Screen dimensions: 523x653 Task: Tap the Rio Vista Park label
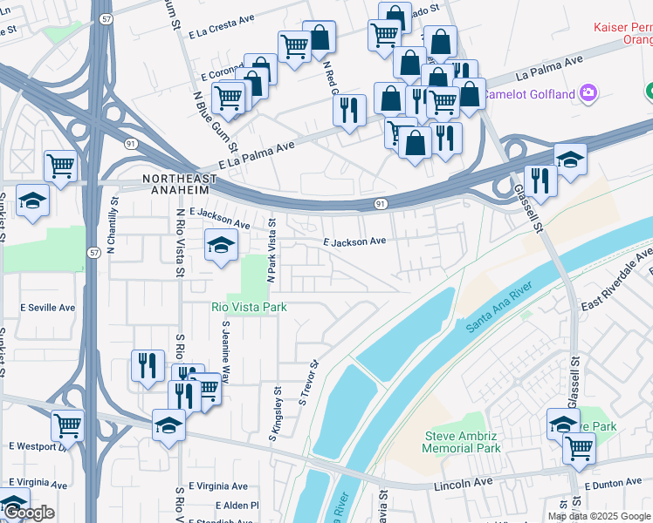pyautogui.click(x=248, y=307)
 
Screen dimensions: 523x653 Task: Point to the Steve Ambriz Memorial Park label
pyautogui.click(x=462, y=442)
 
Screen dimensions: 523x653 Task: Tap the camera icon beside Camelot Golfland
pyautogui.click(x=588, y=92)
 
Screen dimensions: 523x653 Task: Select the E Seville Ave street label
pyautogui.click(x=48, y=308)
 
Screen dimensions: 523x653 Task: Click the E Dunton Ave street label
pyautogui.click(x=613, y=485)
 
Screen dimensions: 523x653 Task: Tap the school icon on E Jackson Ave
pyautogui.click(x=221, y=245)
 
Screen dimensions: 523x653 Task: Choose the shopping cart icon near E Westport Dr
pyautogui.click(x=67, y=425)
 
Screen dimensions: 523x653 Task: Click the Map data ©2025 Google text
pyautogui.click(x=599, y=516)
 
